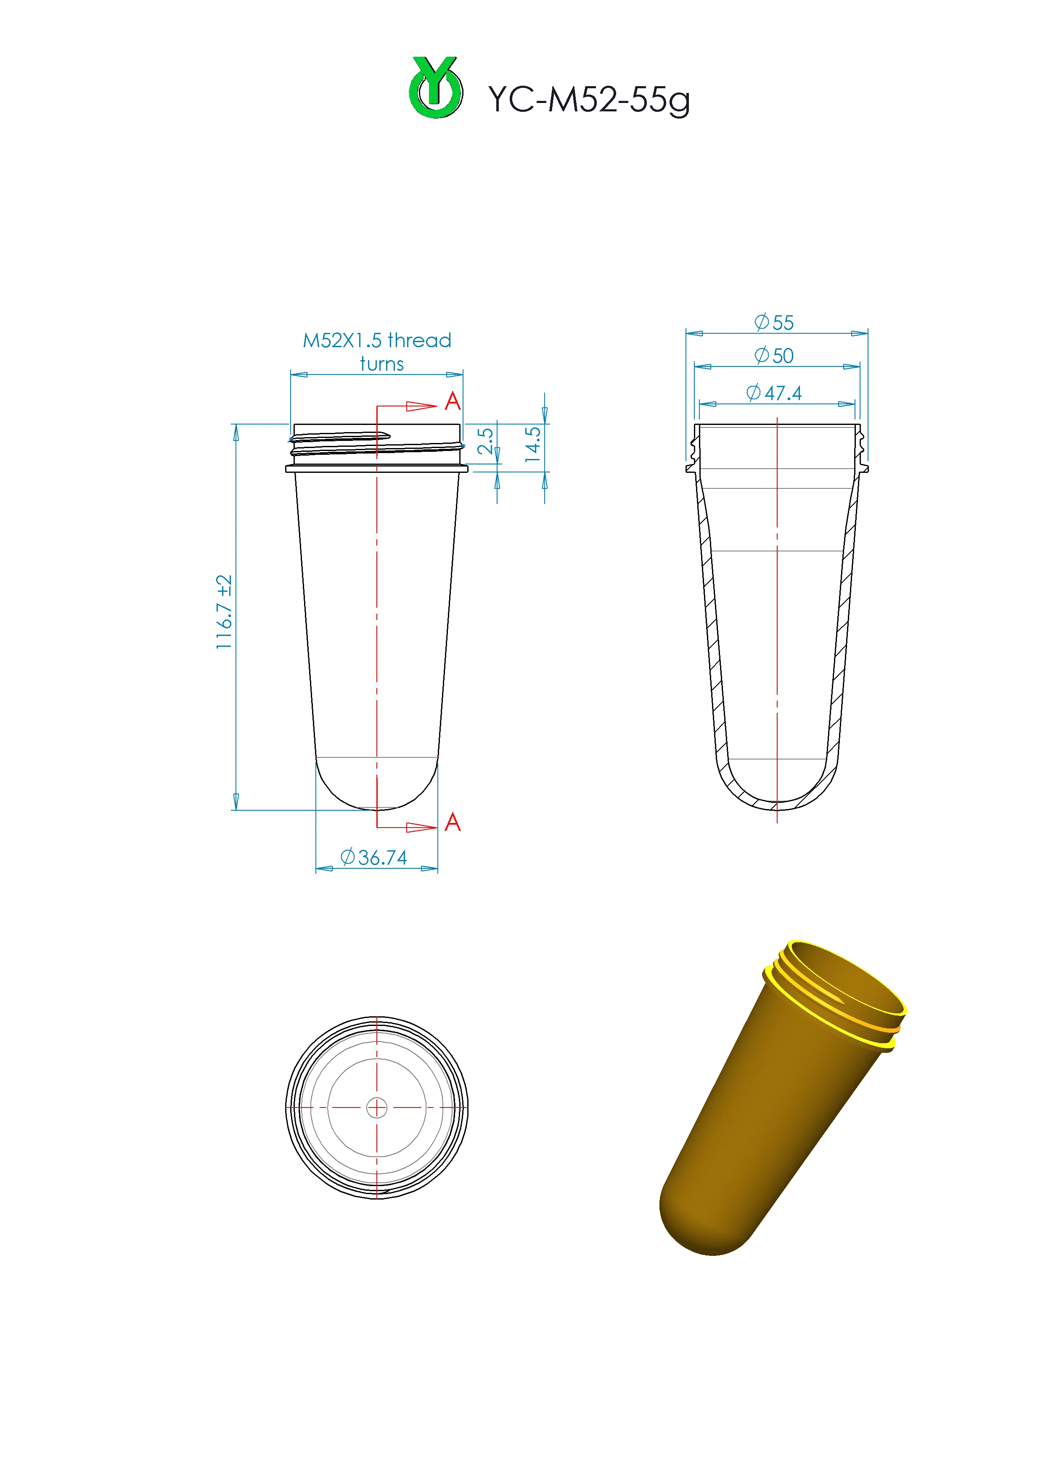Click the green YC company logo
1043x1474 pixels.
(435, 87)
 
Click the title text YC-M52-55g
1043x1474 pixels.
(589, 100)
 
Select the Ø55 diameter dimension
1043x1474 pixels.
(774, 322)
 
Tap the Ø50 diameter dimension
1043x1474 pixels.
(774, 356)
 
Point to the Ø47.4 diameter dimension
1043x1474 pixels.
(774, 393)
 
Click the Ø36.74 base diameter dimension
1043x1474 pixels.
(374, 857)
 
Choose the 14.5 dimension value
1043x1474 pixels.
(533, 444)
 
